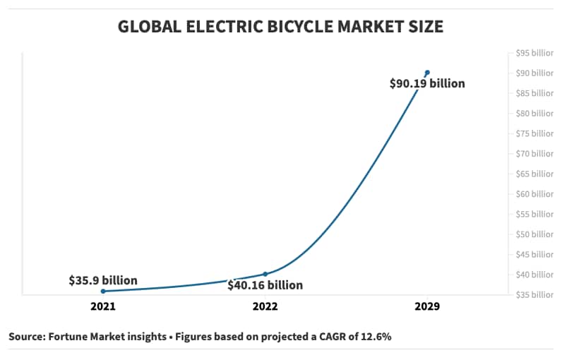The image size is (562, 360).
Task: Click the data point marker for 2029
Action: coord(427,72)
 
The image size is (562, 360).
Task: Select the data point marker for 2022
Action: coord(265,274)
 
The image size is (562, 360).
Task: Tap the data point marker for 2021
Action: coord(103,291)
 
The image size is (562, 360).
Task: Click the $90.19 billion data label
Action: coord(427,83)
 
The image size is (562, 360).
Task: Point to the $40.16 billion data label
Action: coord(265,285)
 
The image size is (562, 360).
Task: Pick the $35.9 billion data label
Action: coord(103,280)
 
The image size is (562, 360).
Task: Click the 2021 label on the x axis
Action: coord(103,306)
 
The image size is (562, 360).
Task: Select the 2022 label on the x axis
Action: coord(265,306)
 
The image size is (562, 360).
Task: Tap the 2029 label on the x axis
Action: coord(427,306)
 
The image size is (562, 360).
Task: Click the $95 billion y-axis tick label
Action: coord(534,53)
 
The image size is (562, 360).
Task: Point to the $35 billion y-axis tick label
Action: coord(534,294)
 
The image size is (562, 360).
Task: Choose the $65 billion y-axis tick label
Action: coord(534,174)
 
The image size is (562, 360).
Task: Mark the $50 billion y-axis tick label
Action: coord(534,234)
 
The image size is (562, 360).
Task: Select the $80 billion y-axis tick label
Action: coord(534,113)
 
